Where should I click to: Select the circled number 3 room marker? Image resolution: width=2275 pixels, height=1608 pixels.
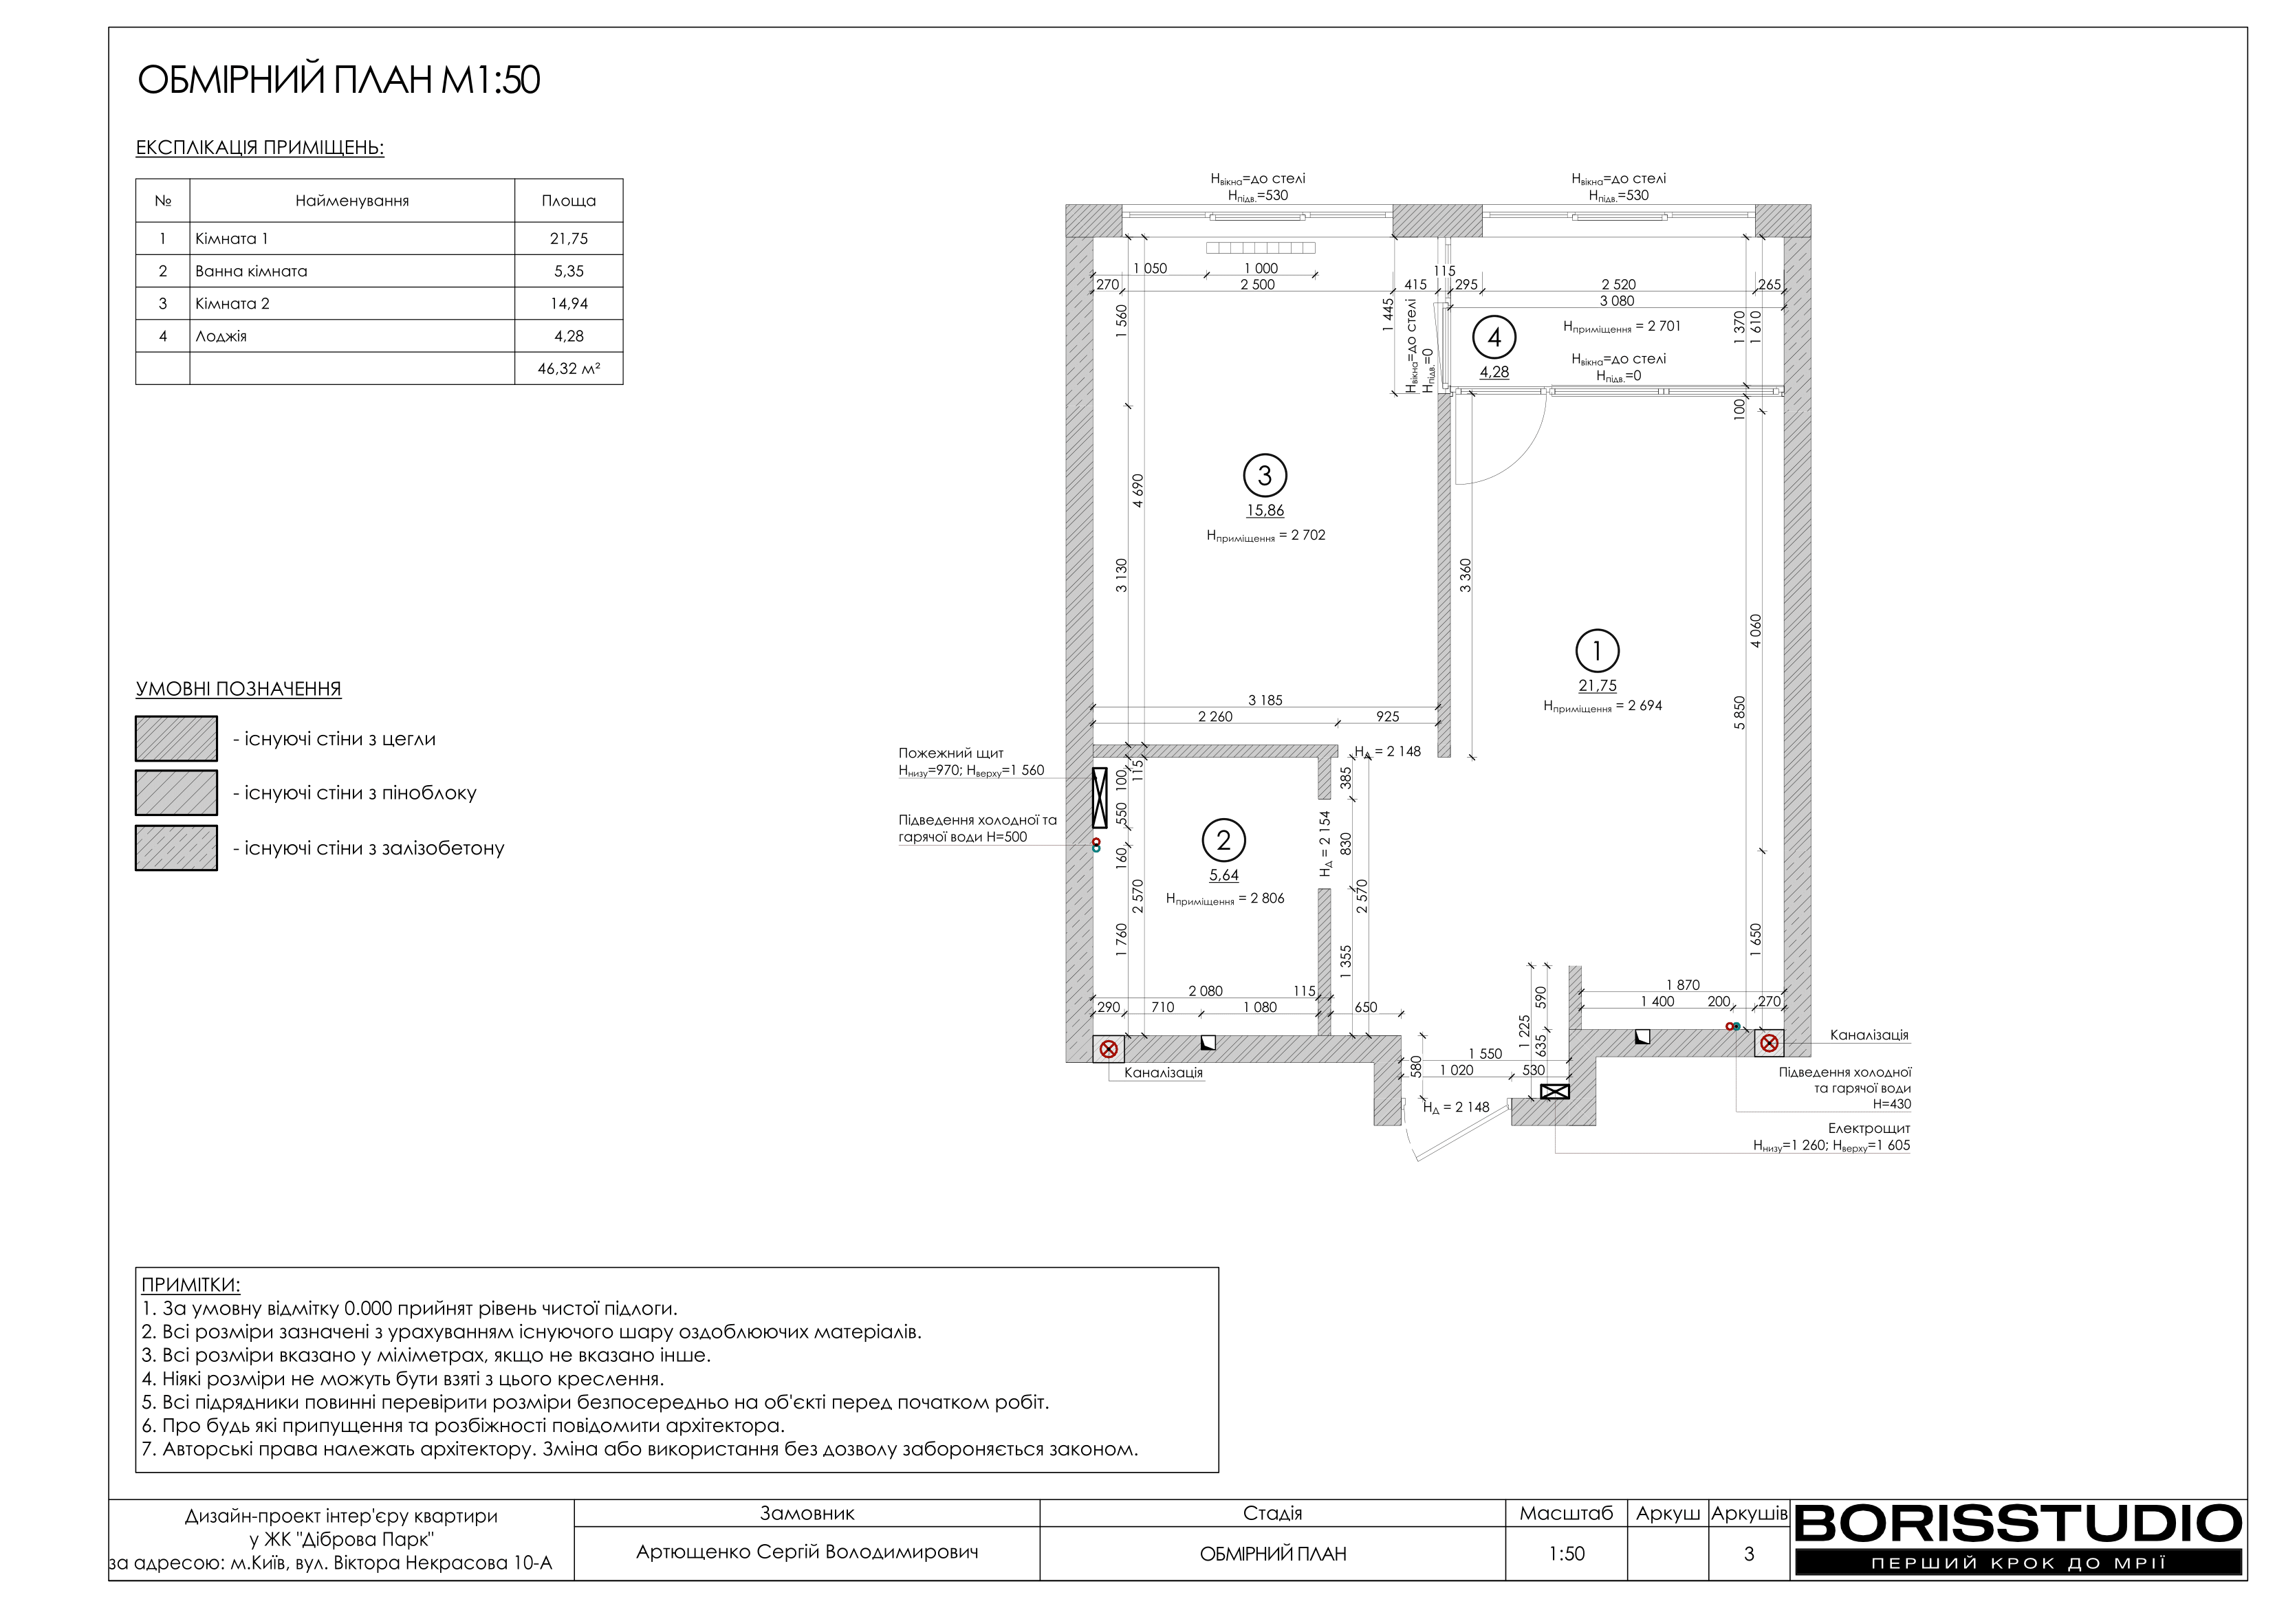pos(1264,476)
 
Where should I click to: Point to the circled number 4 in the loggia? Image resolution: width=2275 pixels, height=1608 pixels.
pos(1494,338)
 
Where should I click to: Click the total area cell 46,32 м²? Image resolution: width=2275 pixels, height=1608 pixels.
pos(569,368)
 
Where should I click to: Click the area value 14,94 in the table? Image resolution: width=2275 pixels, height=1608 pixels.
pos(569,304)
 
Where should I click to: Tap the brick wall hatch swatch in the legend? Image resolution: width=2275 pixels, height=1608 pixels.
pos(176,739)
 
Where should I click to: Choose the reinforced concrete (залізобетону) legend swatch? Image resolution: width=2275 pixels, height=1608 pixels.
pos(176,848)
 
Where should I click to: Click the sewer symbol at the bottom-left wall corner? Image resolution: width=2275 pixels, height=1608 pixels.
pos(1109,1049)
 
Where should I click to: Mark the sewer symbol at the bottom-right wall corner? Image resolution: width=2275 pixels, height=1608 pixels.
pos(1770,1044)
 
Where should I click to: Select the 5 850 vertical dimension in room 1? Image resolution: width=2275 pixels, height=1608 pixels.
pos(1740,714)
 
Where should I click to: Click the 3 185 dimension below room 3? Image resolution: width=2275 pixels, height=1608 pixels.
pos(1265,701)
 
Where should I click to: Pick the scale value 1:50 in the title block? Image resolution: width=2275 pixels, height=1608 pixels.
pos(1567,1554)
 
